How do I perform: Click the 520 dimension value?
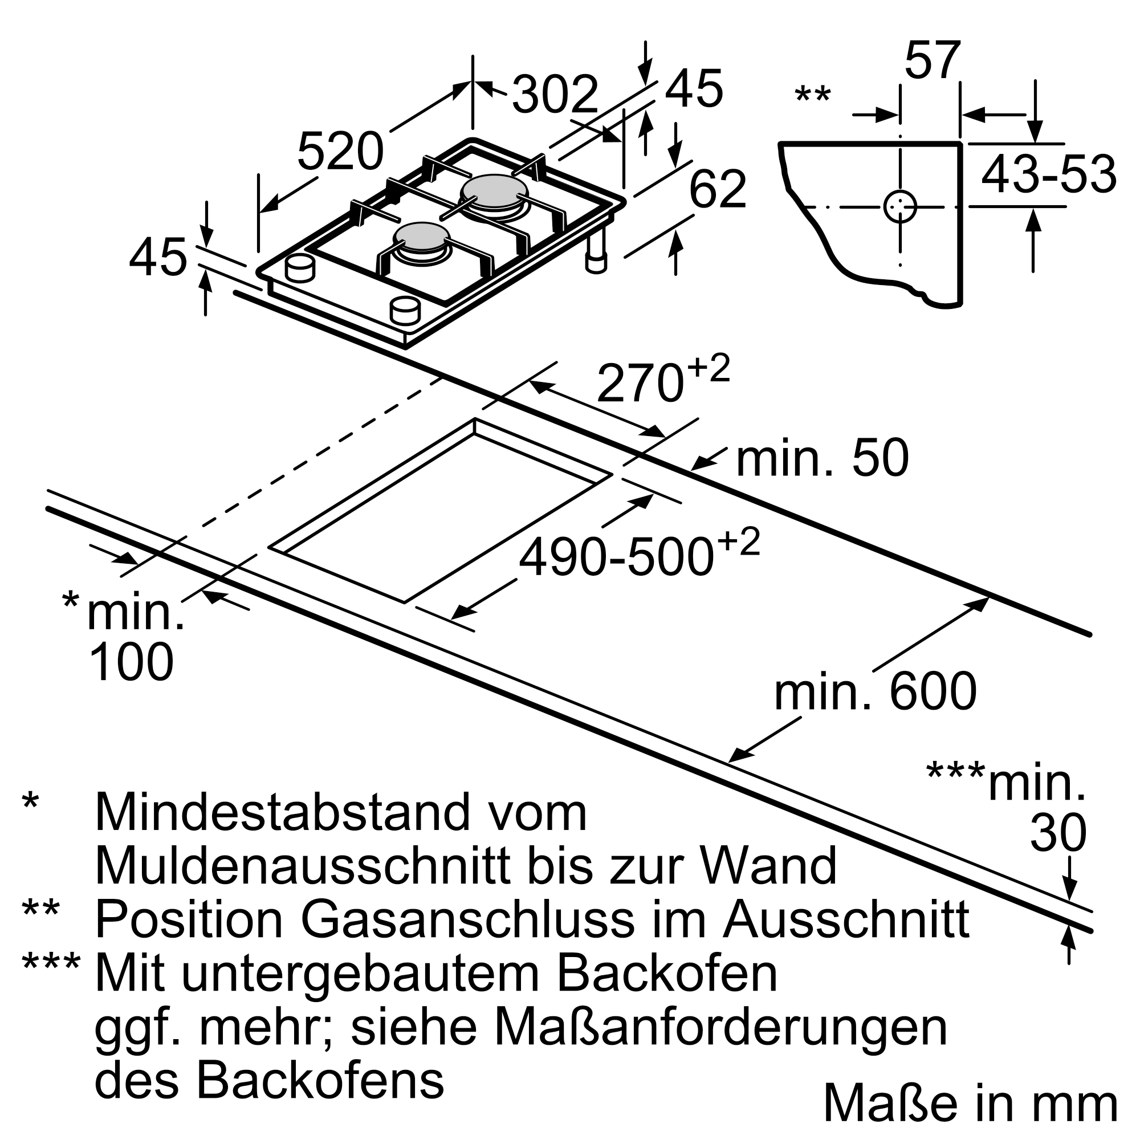click(340, 152)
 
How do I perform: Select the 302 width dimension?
click(555, 95)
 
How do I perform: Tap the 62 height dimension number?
click(718, 189)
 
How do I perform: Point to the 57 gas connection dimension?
click(933, 60)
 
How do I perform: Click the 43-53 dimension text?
click(1049, 174)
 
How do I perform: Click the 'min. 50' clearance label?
click(823, 459)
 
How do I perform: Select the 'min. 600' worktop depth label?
click(875, 693)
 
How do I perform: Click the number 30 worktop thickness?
click(1058, 833)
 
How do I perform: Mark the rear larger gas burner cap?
click(494, 190)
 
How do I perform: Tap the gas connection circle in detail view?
click(900, 207)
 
